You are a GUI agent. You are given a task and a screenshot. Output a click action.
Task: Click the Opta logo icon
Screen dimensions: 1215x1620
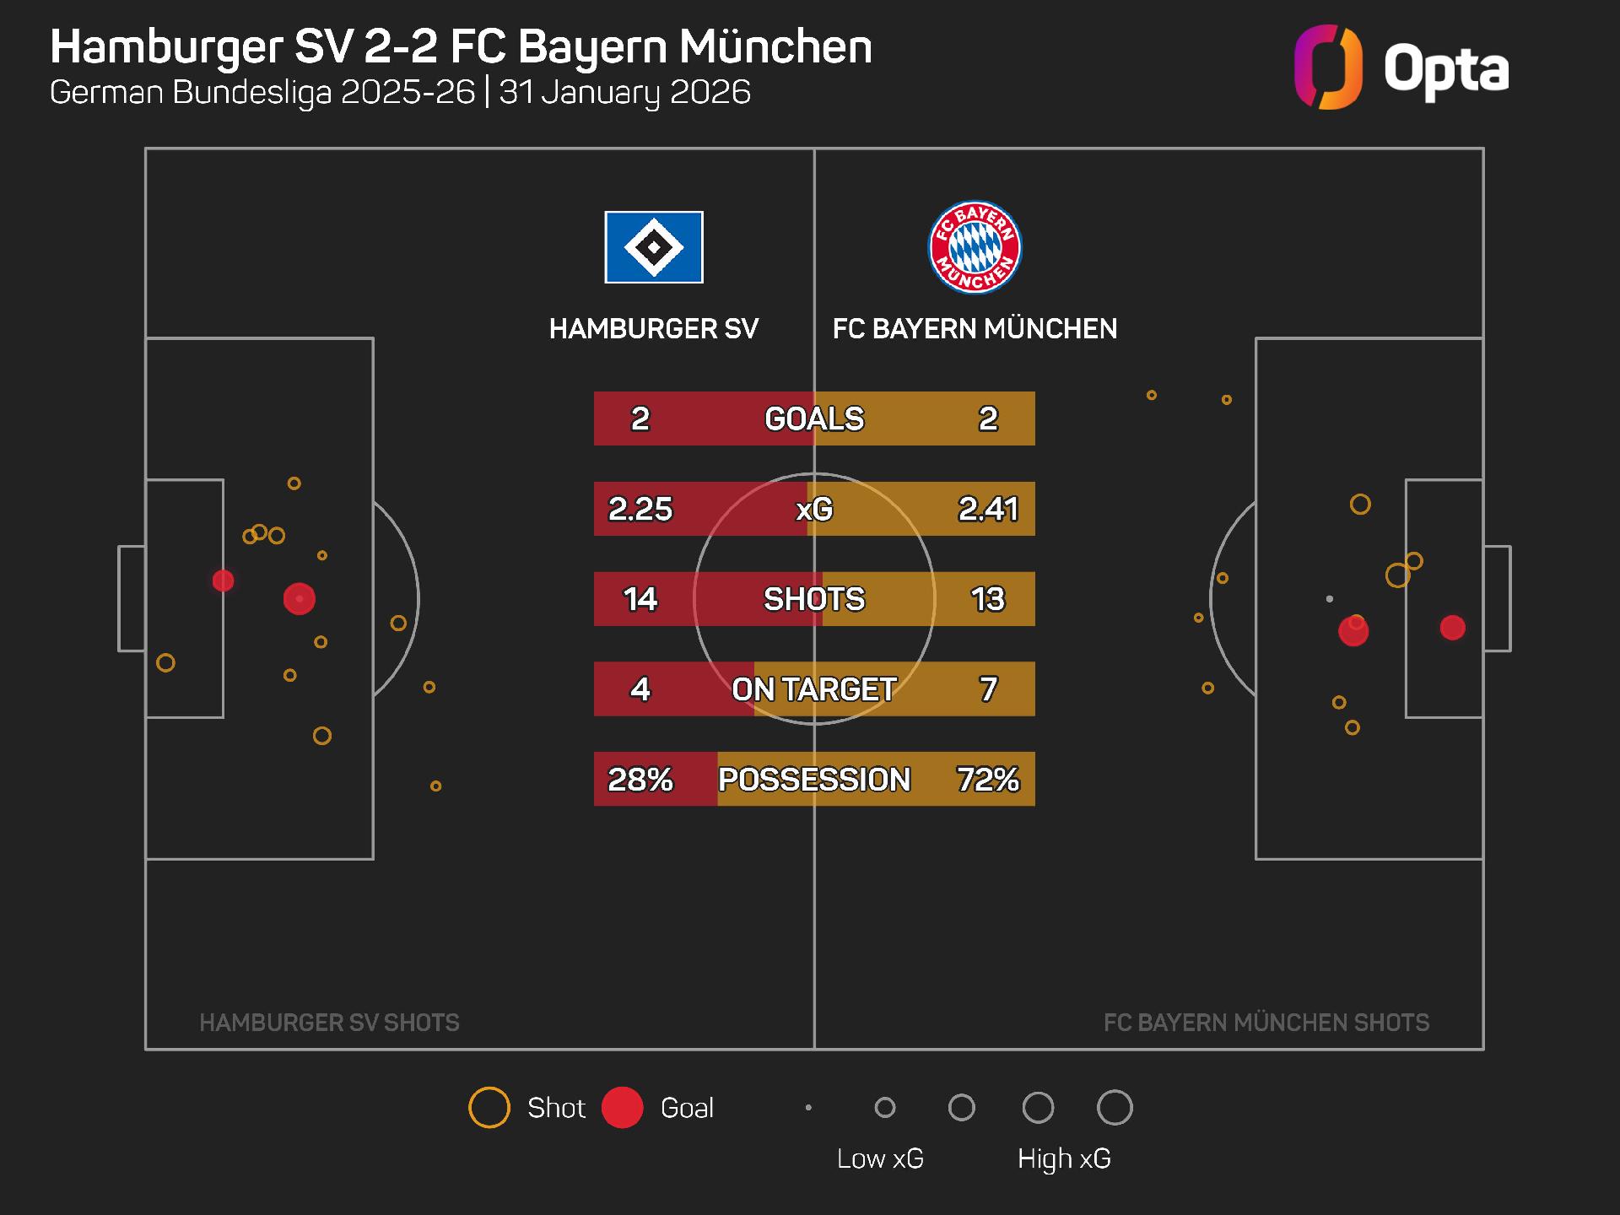point(1328,67)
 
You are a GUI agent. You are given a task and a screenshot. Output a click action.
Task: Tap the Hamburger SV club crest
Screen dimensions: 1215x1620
point(654,247)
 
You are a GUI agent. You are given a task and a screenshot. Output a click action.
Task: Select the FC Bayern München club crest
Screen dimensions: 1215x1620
point(975,247)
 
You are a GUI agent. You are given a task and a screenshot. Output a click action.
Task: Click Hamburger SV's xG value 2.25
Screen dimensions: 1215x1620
point(640,509)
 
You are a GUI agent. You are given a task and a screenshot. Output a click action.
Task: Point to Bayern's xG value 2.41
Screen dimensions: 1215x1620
point(988,509)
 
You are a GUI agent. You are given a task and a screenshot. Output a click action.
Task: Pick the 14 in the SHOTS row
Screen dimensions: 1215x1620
point(640,599)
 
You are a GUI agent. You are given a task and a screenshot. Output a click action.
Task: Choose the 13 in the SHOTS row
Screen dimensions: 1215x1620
point(988,599)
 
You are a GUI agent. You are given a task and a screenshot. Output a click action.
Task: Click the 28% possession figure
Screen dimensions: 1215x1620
point(640,779)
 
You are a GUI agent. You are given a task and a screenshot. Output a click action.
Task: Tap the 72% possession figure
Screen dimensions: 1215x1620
point(988,779)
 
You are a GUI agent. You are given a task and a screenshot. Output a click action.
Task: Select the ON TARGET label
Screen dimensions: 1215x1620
point(814,689)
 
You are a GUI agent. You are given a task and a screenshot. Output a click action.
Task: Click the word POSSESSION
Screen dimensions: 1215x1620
point(814,779)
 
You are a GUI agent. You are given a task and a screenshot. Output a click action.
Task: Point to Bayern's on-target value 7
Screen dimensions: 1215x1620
point(988,689)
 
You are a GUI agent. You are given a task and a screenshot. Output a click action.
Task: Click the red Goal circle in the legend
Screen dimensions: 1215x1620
point(623,1108)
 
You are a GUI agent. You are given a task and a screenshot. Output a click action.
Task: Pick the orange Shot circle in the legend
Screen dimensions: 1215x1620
point(489,1108)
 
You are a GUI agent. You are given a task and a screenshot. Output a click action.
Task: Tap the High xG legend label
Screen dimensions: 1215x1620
point(1064,1158)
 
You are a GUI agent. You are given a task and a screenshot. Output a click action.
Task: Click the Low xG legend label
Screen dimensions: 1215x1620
point(880,1158)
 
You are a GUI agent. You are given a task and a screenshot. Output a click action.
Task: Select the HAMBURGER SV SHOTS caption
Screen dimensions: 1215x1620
point(329,1023)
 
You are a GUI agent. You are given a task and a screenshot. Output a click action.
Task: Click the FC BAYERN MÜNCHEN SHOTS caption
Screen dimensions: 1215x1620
point(1266,1023)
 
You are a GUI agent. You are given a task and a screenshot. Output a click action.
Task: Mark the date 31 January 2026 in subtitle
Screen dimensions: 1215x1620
point(624,92)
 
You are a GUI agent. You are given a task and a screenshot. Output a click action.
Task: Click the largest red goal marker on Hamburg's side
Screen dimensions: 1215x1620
point(300,599)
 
